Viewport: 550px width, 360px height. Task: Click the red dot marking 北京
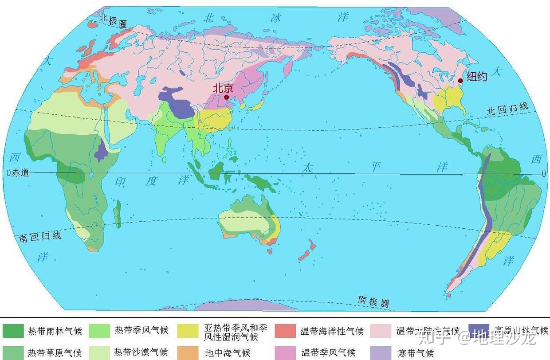tap(226, 97)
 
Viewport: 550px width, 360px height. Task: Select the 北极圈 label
tap(113, 21)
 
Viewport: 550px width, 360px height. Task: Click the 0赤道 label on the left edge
tap(18, 173)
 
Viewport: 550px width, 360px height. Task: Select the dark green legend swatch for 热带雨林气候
tap(13, 331)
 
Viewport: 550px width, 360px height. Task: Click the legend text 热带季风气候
tap(141, 330)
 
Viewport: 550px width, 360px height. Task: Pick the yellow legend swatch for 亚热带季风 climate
tap(188, 331)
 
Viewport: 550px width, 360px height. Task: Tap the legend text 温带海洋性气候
tap(332, 331)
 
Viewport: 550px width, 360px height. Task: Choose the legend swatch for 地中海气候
tap(188, 352)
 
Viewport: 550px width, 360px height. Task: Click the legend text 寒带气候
tap(415, 353)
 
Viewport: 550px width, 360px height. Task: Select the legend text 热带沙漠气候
tap(141, 352)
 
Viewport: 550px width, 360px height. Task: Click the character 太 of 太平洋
tap(308, 168)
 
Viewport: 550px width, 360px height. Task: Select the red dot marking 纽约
tap(460, 81)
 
